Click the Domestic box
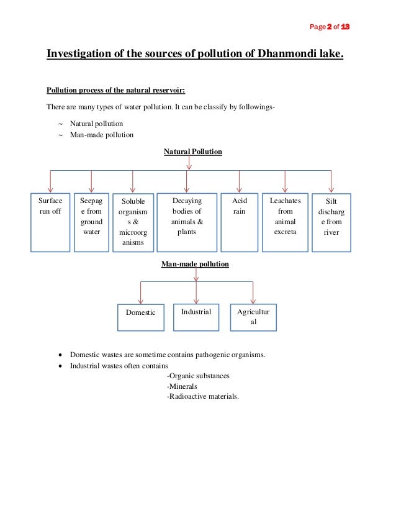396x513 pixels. click(x=141, y=317)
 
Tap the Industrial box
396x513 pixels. click(x=196, y=316)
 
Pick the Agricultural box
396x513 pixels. click(x=253, y=317)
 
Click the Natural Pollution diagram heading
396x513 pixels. click(x=192, y=152)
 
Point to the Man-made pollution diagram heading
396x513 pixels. click(x=195, y=264)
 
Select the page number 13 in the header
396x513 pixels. click(x=346, y=28)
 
